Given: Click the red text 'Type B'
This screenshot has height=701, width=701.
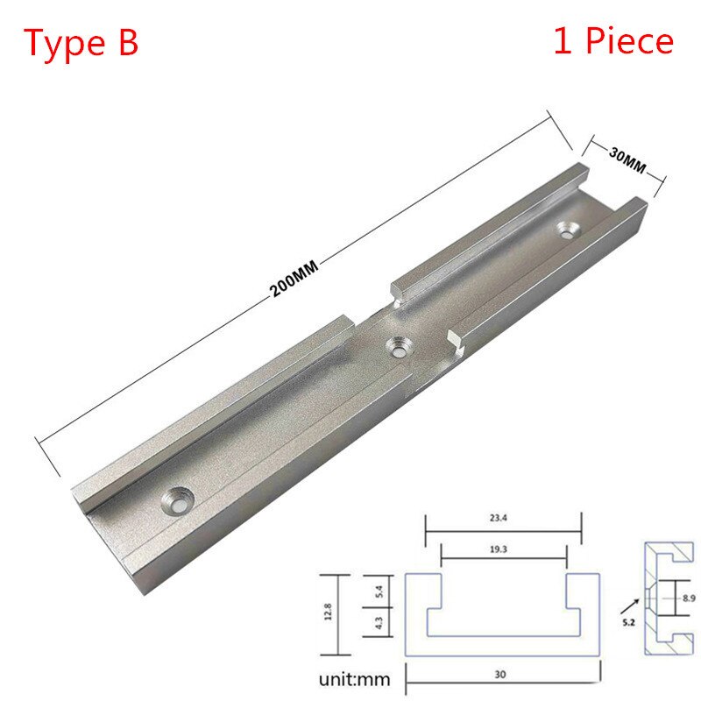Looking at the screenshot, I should tap(81, 42).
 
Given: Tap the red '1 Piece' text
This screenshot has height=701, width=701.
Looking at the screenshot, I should tap(612, 41).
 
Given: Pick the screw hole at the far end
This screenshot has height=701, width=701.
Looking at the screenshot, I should tap(571, 230).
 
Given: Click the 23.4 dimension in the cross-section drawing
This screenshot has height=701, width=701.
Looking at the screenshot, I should tap(503, 518).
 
